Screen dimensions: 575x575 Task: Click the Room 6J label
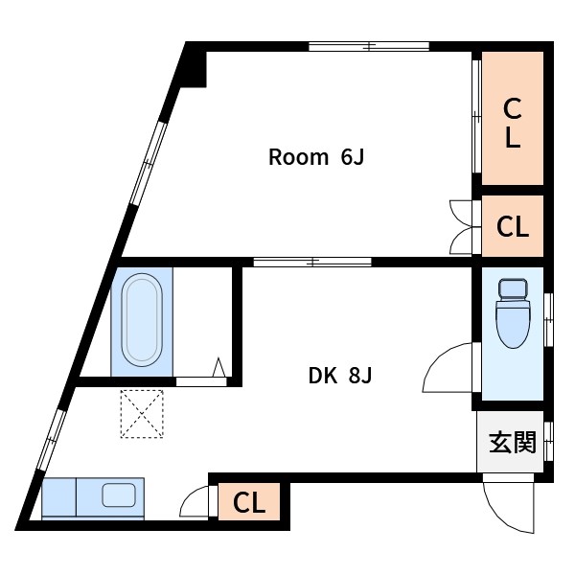[316, 157]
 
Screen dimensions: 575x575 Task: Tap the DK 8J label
[340, 376]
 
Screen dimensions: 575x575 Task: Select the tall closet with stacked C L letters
[513, 118]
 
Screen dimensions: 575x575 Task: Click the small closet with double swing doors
[513, 226]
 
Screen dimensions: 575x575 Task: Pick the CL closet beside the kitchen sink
[249, 501]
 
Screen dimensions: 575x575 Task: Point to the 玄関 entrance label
[513, 442]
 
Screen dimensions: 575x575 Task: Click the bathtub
[142, 319]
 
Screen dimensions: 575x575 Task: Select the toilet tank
[513, 289]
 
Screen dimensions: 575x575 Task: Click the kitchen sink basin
[119, 495]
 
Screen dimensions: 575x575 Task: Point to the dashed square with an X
[142, 414]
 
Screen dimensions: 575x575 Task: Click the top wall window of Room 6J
[369, 47]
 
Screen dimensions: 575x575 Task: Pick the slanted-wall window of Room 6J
[148, 163]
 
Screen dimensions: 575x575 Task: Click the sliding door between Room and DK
[312, 262]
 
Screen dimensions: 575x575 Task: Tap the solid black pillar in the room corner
[195, 69]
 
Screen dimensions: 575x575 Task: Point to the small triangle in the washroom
[218, 367]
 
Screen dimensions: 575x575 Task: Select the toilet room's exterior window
[548, 320]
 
